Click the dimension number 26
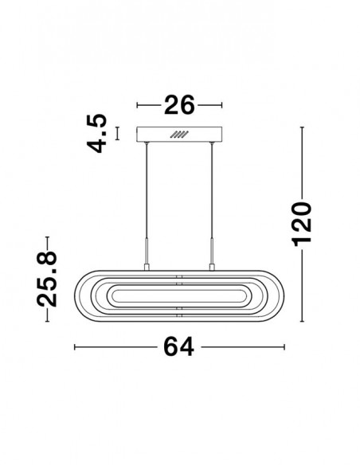point(179,105)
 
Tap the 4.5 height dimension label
point(96,133)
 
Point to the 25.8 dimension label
point(46,279)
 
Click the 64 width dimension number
point(179,346)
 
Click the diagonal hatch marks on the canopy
point(179,135)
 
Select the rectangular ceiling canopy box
point(179,135)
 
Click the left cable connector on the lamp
point(147,267)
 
